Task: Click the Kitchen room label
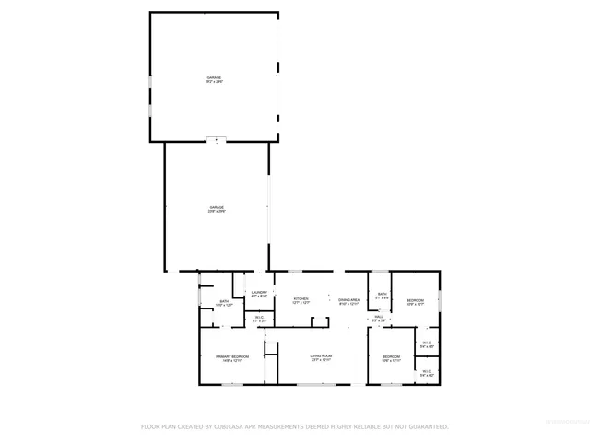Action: click(301, 300)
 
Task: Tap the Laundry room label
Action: click(260, 294)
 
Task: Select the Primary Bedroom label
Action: click(233, 357)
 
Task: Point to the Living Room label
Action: click(320, 357)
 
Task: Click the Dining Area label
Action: click(348, 300)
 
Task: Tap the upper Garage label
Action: click(214, 79)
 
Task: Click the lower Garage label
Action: click(217, 209)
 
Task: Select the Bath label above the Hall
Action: click(382, 295)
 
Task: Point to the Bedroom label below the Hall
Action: click(392, 357)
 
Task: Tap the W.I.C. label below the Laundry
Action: click(259, 319)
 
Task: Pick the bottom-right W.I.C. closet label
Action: click(426, 374)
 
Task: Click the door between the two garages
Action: click(216, 140)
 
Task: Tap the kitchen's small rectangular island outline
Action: click(320, 320)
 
